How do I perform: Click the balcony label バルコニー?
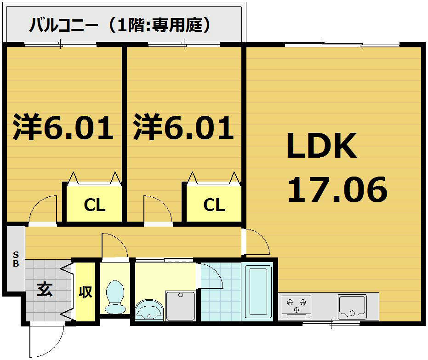(x=64, y=25)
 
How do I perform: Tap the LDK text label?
(x=321, y=146)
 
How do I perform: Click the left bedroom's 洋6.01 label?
(x=63, y=128)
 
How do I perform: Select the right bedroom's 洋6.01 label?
(x=184, y=128)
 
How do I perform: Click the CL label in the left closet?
(x=95, y=206)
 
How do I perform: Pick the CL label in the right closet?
(x=214, y=205)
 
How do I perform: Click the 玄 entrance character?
(x=45, y=290)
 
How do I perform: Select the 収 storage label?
(x=86, y=291)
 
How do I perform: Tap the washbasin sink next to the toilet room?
(x=149, y=309)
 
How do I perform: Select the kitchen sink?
(x=352, y=306)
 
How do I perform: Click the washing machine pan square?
(x=181, y=305)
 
